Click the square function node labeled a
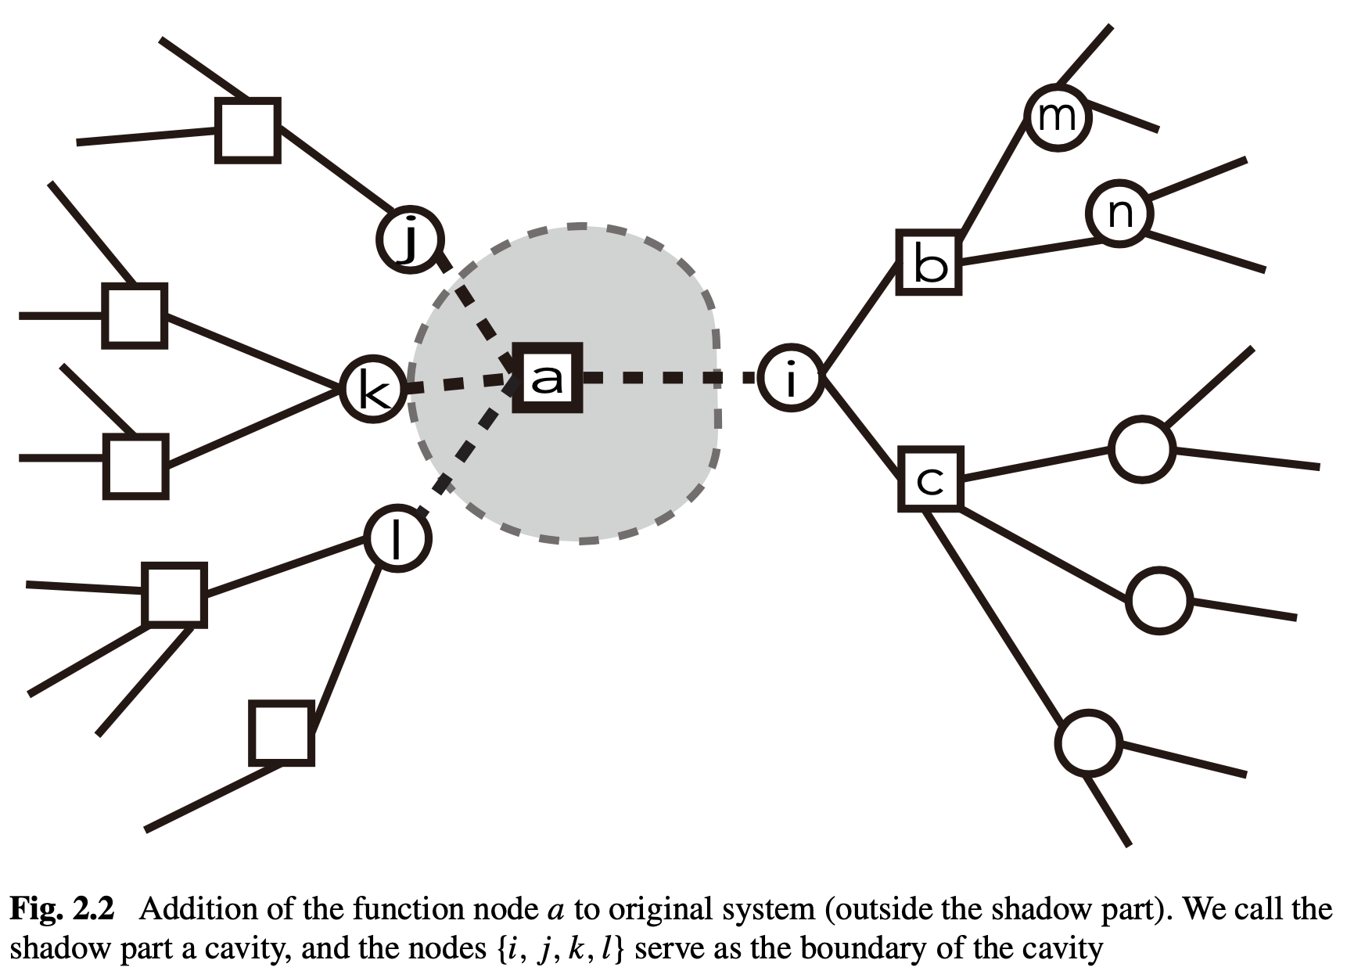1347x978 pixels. pos(547,378)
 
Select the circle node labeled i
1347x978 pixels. pos(791,378)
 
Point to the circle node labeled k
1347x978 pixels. pos(373,389)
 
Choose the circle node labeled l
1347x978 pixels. pos(397,538)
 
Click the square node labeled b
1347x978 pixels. pos(929,263)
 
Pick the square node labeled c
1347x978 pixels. pos(929,480)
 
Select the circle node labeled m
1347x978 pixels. pos(1058,117)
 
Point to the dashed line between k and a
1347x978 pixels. pos(458,383)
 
